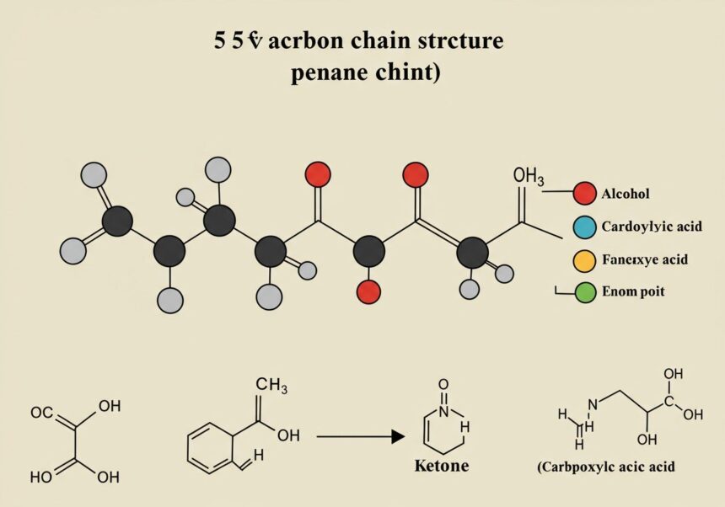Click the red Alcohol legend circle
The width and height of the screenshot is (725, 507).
coord(584,194)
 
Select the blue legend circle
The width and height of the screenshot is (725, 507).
coord(584,227)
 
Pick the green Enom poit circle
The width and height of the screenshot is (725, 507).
coord(584,292)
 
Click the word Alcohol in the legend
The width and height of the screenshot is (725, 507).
coord(626,194)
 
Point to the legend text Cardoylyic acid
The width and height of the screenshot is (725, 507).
coord(645,227)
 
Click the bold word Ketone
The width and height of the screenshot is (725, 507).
coord(441,466)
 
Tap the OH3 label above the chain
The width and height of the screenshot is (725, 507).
coord(529,177)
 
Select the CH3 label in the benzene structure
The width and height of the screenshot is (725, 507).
coord(271,385)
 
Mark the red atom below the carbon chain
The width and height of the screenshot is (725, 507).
coord(368,291)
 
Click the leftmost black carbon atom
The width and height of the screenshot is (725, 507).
coord(117,221)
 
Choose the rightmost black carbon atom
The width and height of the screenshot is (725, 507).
coord(472,252)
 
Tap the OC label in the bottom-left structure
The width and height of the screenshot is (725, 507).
coord(42,414)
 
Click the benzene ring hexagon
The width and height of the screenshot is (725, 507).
coord(210,447)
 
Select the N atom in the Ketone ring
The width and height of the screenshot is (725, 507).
coord(444,413)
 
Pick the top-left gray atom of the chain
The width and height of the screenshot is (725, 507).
coord(94,176)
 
